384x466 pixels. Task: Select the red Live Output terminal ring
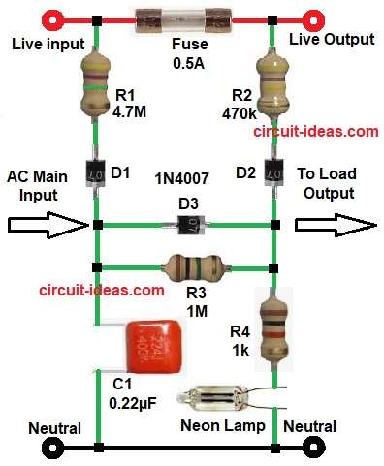[x=312, y=17]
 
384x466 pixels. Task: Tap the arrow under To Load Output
[x=336, y=225]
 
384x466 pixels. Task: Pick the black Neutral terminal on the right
[x=312, y=448]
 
